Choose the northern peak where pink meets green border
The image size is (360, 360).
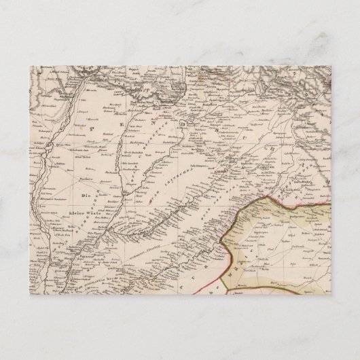270,196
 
